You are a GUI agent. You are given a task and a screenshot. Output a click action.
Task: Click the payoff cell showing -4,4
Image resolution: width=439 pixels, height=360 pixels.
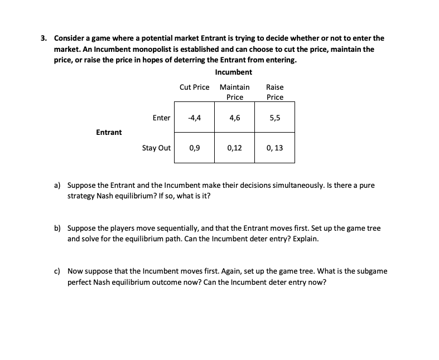coord(195,118)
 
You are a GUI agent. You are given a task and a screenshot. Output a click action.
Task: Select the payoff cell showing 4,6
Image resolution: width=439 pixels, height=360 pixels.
coord(235,118)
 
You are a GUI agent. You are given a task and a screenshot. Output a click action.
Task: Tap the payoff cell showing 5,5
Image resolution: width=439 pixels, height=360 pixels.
coord(274,118)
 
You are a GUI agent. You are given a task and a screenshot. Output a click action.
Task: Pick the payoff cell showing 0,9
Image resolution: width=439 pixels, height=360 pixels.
coord(195,148)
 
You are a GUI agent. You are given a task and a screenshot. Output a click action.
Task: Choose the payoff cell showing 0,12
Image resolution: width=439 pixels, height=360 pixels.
coord(235,148)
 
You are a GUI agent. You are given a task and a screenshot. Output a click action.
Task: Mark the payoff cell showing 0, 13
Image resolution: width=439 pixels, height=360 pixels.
coord(274,148)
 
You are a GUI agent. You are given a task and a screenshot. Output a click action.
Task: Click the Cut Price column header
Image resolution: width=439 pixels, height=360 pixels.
coord(195,87)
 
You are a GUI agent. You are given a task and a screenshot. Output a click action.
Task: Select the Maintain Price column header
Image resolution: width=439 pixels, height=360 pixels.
coord(235,92)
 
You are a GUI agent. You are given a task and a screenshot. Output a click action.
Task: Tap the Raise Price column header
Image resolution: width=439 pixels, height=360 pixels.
coord(274,92)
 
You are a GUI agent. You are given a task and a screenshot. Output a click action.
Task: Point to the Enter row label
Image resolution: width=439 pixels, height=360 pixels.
coord(161,118)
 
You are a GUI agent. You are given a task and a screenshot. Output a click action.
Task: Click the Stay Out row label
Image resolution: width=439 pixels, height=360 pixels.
coord(156,148)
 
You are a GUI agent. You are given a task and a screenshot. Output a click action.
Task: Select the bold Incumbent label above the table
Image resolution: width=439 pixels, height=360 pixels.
coord(233,72)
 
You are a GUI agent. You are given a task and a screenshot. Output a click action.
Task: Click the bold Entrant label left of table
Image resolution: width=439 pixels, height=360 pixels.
coord(109,132)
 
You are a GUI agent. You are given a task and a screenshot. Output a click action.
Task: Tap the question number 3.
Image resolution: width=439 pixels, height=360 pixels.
coord(43,38)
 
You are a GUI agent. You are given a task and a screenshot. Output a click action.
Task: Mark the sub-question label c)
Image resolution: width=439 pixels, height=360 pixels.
coord(57,271)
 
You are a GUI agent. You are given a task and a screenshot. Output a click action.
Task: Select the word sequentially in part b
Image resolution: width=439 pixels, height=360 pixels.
coord(157,228)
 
